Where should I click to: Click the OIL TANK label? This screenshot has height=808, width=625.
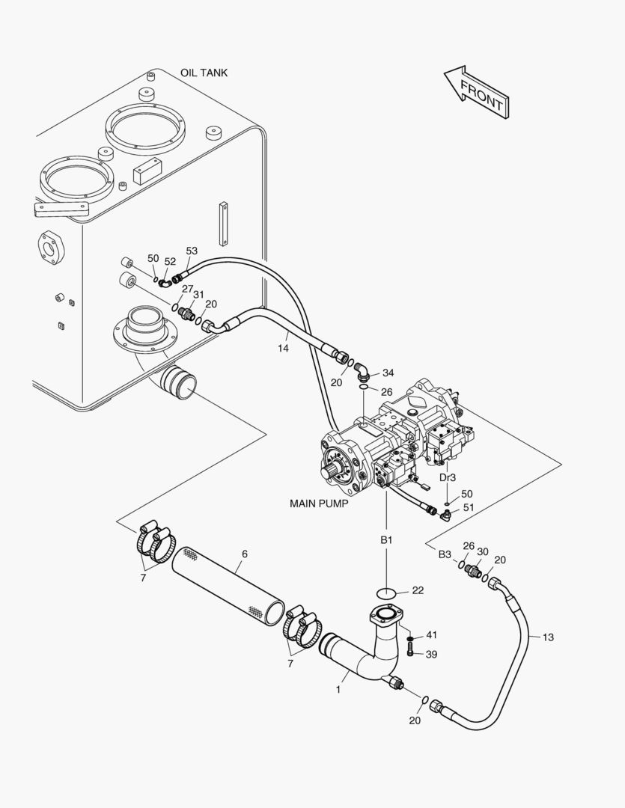click(204, 73)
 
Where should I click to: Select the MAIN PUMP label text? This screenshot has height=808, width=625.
click(319, 504)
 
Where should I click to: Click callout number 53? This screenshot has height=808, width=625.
click(192, 251)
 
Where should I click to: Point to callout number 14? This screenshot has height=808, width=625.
click(283, 349)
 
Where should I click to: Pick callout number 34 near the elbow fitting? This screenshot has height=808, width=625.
click(388, 373)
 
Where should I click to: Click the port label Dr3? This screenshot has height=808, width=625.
click(448, 477)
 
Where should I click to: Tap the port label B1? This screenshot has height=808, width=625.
click(386, 540)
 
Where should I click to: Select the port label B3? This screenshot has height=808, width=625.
click(445, 554)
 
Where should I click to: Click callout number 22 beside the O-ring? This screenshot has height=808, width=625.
click(418, 590)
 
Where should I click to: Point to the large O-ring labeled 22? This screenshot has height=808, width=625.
click(387, 593)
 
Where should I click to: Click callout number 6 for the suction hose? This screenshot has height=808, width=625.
click(245, 554)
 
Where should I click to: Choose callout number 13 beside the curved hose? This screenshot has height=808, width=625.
click(548, 637)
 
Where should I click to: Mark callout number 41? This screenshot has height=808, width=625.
click(432, 635)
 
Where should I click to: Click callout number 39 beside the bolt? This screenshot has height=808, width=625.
click(432, 655)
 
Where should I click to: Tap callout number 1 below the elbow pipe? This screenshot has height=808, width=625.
click(338, 690)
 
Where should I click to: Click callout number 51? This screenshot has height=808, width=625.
click(469, 507)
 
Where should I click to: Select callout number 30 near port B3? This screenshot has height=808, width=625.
click(482, 552)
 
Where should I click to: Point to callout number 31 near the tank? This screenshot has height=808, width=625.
click(198, 294)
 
